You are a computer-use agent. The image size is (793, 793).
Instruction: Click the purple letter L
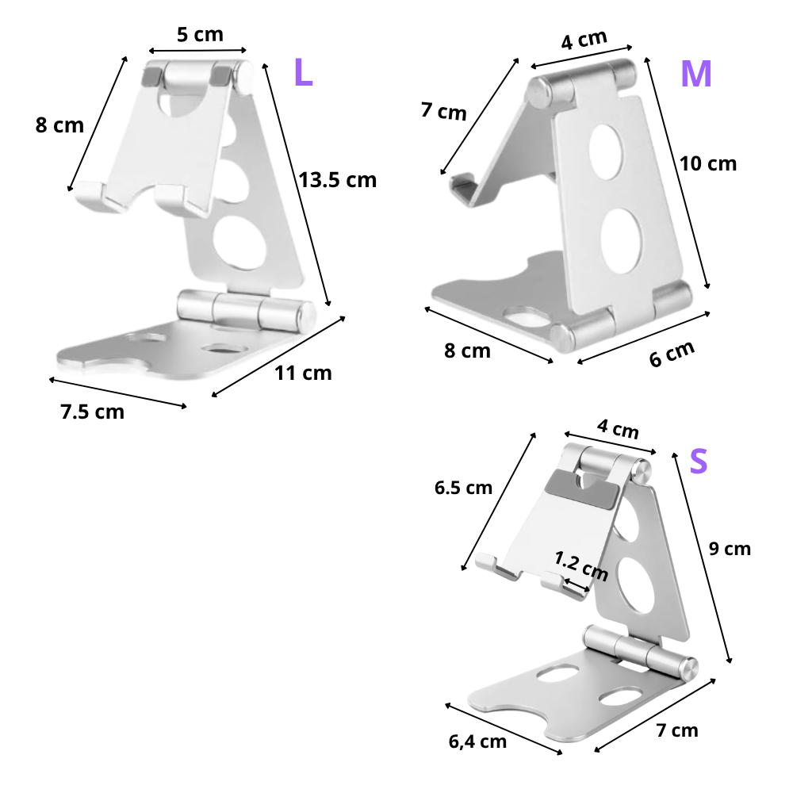coord(303,72)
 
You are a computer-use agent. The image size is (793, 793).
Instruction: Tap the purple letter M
coord(695,74)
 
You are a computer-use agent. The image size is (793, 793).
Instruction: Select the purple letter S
coord(698,462)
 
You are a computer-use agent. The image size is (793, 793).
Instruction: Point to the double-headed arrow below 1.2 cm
coord(577,586)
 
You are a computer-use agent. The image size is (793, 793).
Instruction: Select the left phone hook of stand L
coord(94,192)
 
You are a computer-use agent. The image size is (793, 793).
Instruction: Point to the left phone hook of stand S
coord(489,562)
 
